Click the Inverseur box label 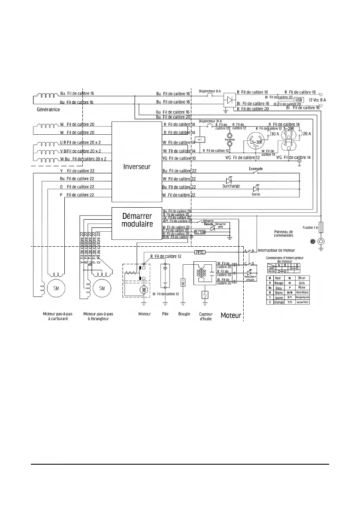(x=136, y=166)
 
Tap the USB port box (x=299, y=100)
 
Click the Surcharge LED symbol (x=229, y=180)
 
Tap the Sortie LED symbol (x=256, y=188)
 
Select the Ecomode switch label (x=256, y=169)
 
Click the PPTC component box (x=201, y=252)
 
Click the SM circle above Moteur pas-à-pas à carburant (x=56, y=288)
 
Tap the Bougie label (x=184, y=314)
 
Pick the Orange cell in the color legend (x=279, y=302)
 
